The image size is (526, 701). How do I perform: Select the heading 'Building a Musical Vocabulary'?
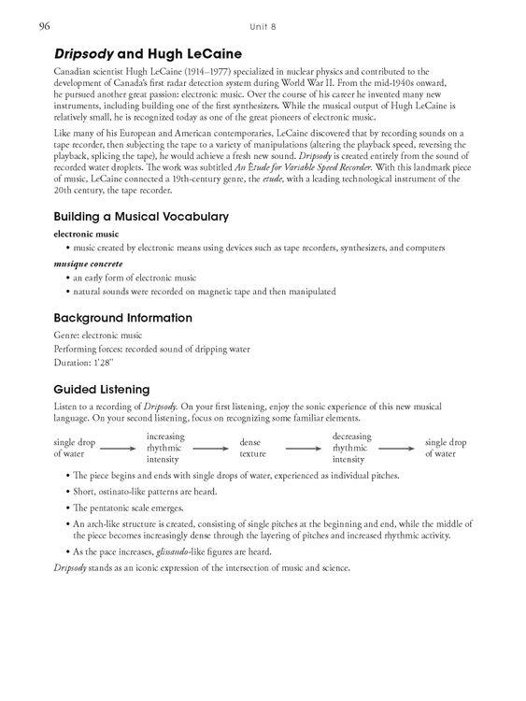pos(141,216)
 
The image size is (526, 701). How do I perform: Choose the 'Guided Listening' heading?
pos(102,388)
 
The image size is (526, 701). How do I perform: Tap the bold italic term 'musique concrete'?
pos(87,264)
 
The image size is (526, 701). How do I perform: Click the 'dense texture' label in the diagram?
pos(253,447)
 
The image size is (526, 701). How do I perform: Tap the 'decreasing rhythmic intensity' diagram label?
pos(351,447)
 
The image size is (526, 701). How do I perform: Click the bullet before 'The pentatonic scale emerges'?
pos(66,508)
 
